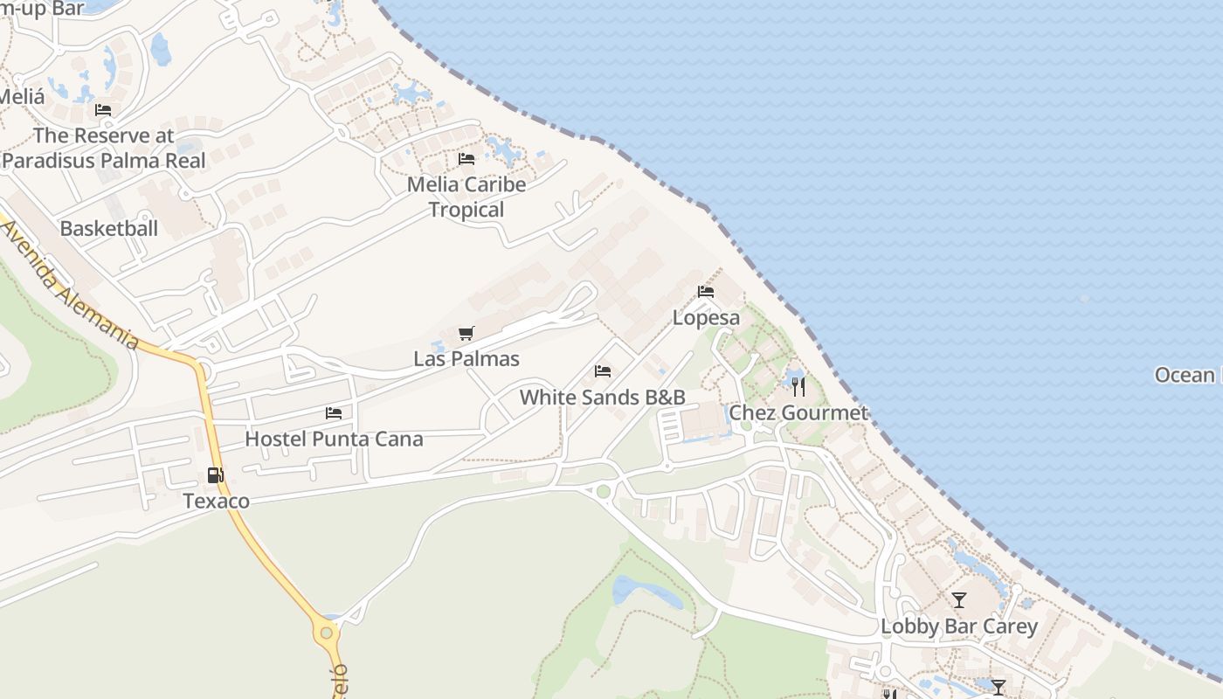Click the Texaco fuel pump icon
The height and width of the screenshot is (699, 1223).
click(215, 475)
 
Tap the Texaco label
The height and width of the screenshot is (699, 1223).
click(216, 502)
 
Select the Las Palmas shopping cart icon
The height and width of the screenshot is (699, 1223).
click(466, 334)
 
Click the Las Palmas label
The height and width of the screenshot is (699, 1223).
click(466, 359)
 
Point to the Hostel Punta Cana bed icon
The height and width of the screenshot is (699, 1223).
click(334, 413)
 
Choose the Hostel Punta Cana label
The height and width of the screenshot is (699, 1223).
click(334, 439)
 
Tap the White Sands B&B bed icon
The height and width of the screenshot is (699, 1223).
click(603, 371)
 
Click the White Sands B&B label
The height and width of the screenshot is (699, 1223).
click(602, 398)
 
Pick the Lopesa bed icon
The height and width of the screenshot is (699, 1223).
click(706, 292)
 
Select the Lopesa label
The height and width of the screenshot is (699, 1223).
click(706, 318)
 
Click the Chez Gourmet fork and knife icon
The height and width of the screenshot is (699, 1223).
click(798, 386)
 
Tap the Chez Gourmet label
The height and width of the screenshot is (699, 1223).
click(798, 412)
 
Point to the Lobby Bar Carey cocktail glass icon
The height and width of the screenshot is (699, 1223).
click(959, 600)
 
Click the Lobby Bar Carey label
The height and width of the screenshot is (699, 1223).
click(959, 626)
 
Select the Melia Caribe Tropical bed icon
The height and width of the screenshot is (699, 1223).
click(466, 159)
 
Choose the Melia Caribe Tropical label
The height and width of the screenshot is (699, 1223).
click(466, 197)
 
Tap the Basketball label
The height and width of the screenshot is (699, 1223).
click(109, 229)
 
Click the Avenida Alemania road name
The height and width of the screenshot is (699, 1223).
click(70, 285)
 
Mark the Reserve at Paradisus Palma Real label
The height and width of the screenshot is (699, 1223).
click(104, 148)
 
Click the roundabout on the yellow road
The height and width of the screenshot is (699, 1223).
click(327, 632)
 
